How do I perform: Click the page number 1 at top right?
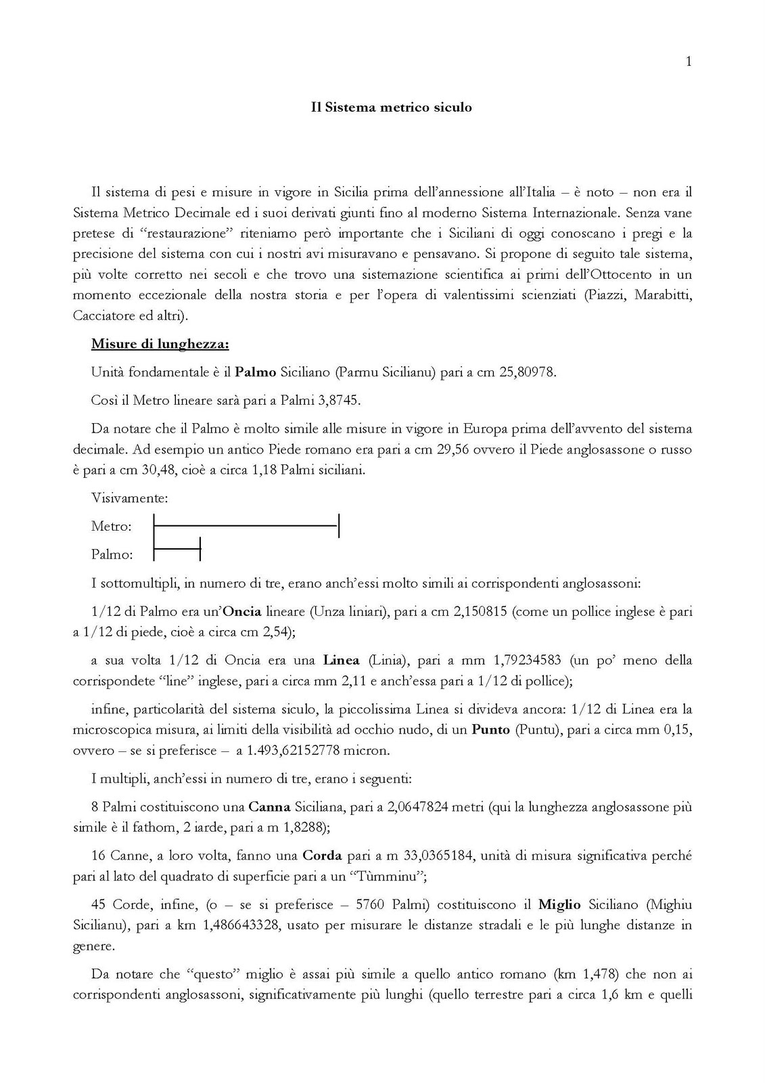[689, 62]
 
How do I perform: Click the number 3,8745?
[338, 400]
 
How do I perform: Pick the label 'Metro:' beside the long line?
[112, 526]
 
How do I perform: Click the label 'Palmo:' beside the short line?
[112, 554]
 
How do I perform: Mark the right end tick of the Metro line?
[338, 526]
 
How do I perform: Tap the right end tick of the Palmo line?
[200, 549]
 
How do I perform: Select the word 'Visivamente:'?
[130, 498]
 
